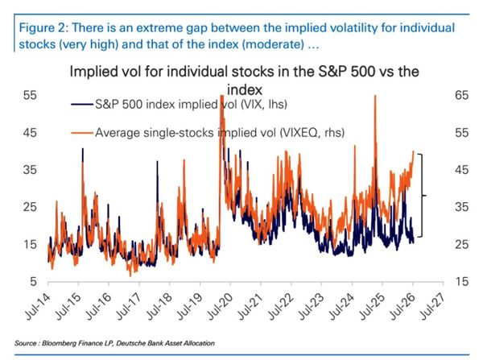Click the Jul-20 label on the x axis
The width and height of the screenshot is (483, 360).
coord(220,306)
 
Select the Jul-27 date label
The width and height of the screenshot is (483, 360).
coord(433,306)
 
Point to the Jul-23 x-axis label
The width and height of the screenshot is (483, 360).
coord(311,306)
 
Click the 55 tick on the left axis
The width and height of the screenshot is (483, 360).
coord(30,95)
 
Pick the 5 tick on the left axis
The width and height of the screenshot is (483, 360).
coord(33,281)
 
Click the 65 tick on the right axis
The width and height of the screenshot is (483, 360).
coord(461,95)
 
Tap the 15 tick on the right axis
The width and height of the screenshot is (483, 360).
coord(461,281)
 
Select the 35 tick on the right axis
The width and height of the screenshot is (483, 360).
coord(461,207)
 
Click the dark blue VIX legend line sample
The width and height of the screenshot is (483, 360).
coord(82,105)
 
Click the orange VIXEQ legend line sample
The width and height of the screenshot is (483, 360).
coord(82,133)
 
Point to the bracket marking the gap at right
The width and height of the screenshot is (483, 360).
coord(421,196)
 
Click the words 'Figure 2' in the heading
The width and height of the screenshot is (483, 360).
coord(44,27)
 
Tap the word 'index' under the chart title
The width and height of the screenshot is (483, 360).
coord(245,90)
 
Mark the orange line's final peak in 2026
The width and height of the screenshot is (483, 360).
coord(413,151)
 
